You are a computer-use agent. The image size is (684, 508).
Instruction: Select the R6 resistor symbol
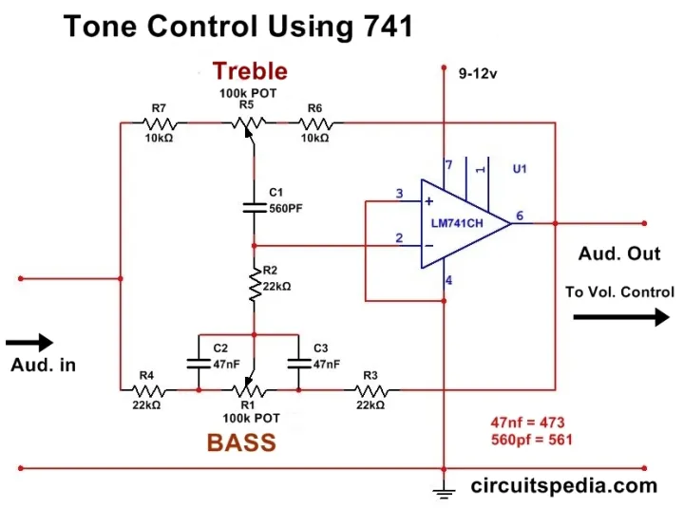click(314, 122)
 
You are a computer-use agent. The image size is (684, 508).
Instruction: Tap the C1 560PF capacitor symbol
click(254, 206)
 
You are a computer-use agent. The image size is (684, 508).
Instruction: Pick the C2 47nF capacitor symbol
click(199, 362)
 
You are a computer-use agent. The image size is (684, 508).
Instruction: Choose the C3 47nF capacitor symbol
click(298, 362)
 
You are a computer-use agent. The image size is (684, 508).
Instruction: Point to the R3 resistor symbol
click(370, 389)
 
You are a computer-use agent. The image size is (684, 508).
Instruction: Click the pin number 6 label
click(520, 216)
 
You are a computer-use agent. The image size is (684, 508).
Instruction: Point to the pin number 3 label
click(400, 195)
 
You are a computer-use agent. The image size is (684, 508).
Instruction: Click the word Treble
click(250, 70)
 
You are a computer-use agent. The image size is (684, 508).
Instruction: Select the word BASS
click(241, 442)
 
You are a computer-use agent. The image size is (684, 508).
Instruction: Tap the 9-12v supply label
click(476, 73)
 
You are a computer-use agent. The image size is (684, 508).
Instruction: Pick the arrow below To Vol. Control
click(620, 316)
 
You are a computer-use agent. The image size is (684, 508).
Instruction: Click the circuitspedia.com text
click(564, 486)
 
